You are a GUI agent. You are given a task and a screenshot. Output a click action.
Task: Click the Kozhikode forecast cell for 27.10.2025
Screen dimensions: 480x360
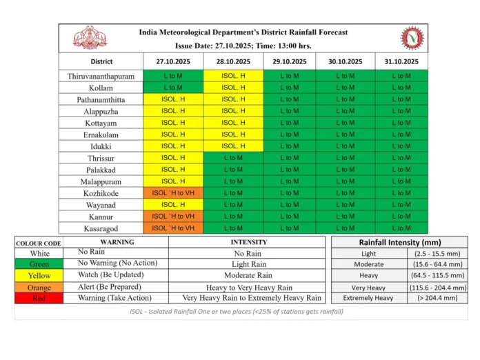tap(173, 193)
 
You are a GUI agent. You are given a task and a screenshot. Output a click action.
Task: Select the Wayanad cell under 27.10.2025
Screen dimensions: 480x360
tap(173, 205)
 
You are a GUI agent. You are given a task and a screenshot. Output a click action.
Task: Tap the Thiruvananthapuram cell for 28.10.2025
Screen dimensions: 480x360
tap(233, 76)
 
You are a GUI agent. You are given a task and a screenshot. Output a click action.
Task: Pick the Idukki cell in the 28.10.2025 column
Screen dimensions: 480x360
tap(233, 146)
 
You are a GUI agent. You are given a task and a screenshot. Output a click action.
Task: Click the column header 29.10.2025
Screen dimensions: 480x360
tap(289, 61)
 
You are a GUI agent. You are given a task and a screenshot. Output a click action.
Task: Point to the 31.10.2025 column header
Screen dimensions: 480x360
tap(401, 61)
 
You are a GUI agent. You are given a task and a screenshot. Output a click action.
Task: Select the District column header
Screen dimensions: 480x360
tap(101, 61)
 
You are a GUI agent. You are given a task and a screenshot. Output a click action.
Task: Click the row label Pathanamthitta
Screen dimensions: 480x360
tap(101, 100)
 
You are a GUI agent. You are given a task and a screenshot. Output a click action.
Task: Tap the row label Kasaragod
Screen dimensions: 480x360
tap(101, 228)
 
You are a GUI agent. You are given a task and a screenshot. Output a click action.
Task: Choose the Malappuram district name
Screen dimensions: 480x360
tap(101, 181)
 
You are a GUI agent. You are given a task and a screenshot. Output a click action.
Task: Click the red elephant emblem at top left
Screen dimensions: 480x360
tap(90, 38)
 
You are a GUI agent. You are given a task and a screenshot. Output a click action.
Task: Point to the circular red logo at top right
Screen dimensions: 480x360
tap(412, 38)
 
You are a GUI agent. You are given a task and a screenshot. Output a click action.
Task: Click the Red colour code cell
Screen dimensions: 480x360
tap(39, 298)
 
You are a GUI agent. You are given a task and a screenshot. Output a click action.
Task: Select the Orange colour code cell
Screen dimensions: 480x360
tap(39, 288)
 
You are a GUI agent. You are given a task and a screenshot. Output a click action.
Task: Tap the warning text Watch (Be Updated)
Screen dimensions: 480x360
tap(111, 274)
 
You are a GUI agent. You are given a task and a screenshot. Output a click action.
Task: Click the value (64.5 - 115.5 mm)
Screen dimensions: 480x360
tap(437, 275)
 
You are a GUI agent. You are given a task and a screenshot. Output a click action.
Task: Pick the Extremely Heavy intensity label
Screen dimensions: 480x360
tap(368, 298)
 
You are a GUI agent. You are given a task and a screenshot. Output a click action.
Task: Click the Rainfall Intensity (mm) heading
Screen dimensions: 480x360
tap(400, 242)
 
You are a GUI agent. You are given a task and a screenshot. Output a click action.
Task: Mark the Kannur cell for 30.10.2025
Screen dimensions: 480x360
tap(346, 216)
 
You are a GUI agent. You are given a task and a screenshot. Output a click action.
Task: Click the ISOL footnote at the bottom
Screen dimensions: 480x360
tap(237, 311)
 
